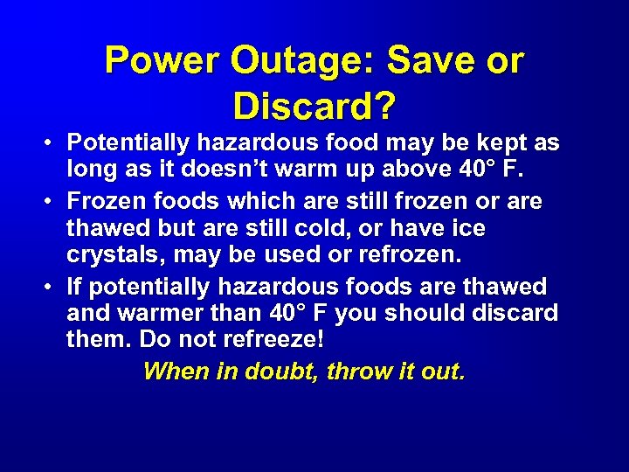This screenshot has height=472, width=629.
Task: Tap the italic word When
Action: click(171, 371)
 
